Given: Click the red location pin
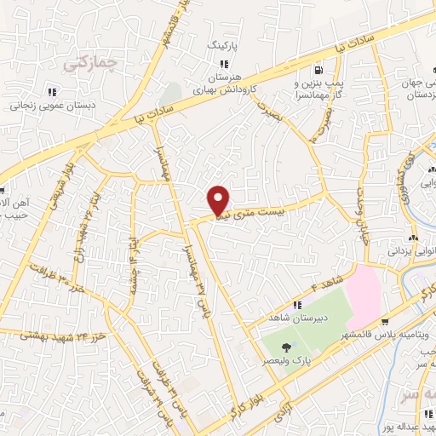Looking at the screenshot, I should (x=220, y=200).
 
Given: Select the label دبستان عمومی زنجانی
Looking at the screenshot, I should (x=50, y=108).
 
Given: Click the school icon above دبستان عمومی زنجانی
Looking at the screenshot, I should (x=51, y=92).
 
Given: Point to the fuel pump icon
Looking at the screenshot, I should (x=318, y=71).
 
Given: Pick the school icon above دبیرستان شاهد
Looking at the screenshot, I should (x=296, y=306).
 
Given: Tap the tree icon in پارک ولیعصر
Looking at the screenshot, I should (x=286, y=347).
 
